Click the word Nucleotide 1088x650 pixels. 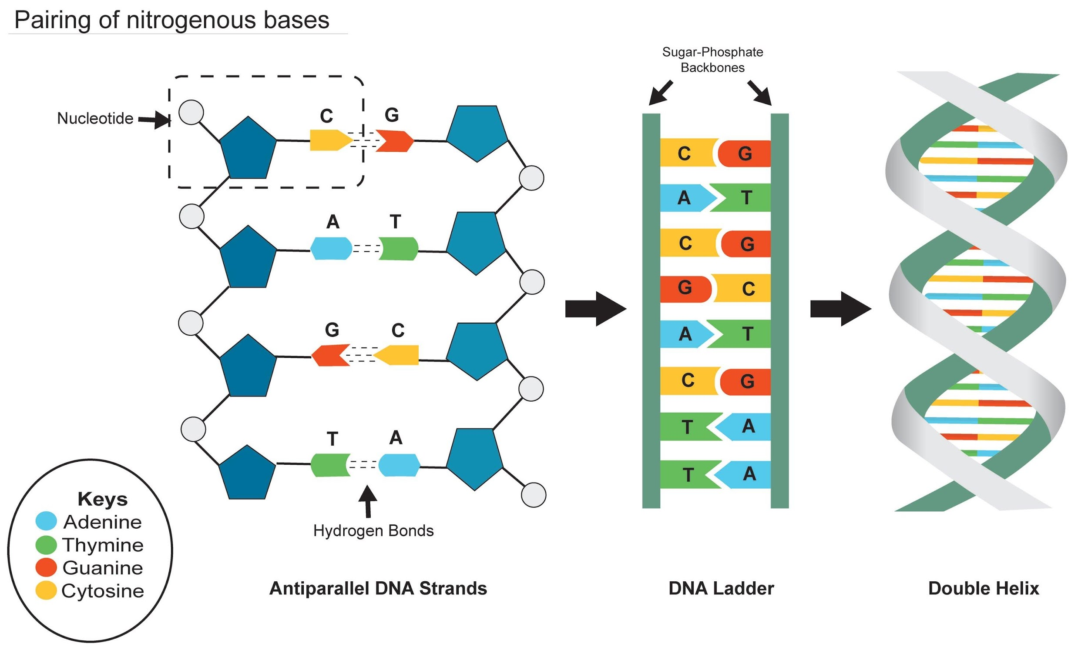[x=95, y=118]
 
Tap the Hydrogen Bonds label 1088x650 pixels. [x=373, y=530]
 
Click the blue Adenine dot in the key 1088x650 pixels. [x=46, y=520]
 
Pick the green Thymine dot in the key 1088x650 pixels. [x=46, y=544]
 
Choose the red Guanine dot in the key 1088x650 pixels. [x=46, y=567]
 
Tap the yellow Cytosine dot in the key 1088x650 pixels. [x=46, y=590]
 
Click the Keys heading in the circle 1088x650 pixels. [x=103, y=499]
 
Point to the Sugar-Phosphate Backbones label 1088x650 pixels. [x=712, y=60]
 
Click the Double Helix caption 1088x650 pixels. [x=983, y=588]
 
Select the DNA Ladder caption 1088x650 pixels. [x=721, y=588]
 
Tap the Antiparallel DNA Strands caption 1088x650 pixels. [x=378, y=588]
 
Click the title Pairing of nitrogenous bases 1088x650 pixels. [x=171, y=20]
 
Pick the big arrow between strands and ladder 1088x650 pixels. [x=595, y=309]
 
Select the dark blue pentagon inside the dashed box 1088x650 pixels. [x=248, y=149]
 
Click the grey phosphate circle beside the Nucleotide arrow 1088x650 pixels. [x=191, y=112]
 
